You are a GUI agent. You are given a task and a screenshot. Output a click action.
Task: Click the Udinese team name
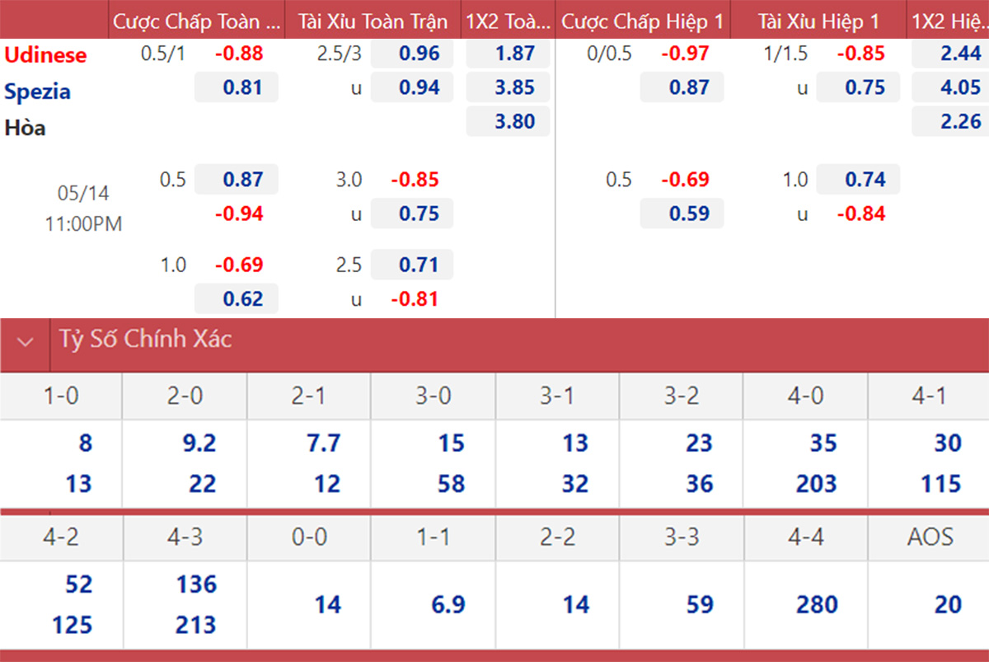tap(45, 54)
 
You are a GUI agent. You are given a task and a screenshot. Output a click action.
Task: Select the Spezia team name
tap(38, 92)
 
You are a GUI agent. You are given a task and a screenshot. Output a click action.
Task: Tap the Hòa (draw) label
tap(26, 128)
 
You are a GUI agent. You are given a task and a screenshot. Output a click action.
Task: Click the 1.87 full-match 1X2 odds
tap(515, 54)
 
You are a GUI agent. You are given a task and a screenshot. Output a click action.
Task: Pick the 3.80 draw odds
tap(515, 121)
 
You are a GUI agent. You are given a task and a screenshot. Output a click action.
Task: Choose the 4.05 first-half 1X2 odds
tap(961, 87)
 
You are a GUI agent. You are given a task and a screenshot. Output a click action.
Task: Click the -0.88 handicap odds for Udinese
tap(239, 54)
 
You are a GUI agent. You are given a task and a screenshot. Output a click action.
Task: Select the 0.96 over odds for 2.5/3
tap(420, 54)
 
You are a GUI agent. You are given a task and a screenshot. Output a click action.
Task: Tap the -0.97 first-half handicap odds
tap(685, 54)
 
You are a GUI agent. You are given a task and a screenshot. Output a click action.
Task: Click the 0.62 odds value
tap(243, 299)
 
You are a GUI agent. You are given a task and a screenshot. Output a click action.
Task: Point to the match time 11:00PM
tap(83, 224)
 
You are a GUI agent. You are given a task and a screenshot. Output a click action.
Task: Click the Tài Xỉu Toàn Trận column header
tap(373, 21)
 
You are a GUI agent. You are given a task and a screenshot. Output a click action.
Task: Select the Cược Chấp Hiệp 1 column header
tap(642, 21)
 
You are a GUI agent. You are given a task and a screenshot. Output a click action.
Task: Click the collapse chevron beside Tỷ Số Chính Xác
tap(26, 342)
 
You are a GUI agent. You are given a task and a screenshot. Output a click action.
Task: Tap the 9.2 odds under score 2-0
tap(199, 443)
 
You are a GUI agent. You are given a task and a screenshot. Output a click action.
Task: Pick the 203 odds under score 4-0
tap(817, 484)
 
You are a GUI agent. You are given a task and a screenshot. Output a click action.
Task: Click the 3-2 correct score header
tap(682, 396)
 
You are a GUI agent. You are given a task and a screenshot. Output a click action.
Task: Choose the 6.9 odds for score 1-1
tap(448, 604)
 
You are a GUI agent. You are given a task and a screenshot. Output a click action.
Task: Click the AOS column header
tap(930, 537)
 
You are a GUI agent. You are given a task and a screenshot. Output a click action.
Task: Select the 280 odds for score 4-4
tap(817, 604)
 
